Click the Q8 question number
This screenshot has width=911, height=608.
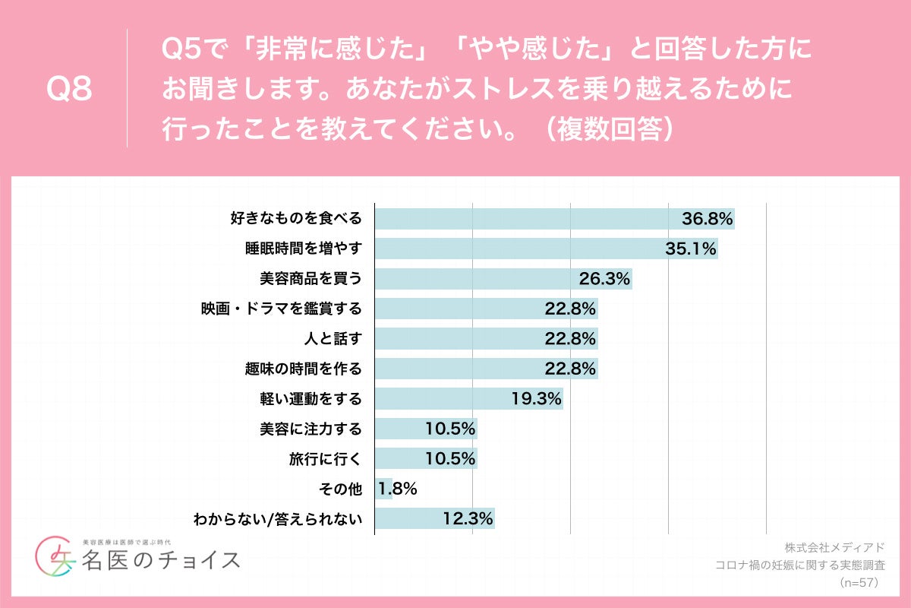(69, 90)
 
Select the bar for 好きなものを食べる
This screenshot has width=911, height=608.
(554, 219)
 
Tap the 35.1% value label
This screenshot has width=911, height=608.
(691, 249)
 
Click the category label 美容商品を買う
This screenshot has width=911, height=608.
(310, 279)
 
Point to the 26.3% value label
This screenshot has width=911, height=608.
(604, 279)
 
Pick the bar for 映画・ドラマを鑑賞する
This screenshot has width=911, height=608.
(486, 309)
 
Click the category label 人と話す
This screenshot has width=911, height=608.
(332, 339)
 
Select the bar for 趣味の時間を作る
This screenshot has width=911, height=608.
(486, 369)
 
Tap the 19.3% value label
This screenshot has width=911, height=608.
(536, 398)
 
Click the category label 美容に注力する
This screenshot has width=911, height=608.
(310, 429)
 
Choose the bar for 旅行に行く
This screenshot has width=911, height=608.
(425, 458)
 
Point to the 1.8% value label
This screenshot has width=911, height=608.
(398, 489)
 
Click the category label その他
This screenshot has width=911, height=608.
(342, 489)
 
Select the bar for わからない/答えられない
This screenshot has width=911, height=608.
(434, 518)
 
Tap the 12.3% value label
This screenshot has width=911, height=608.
(468, 518)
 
